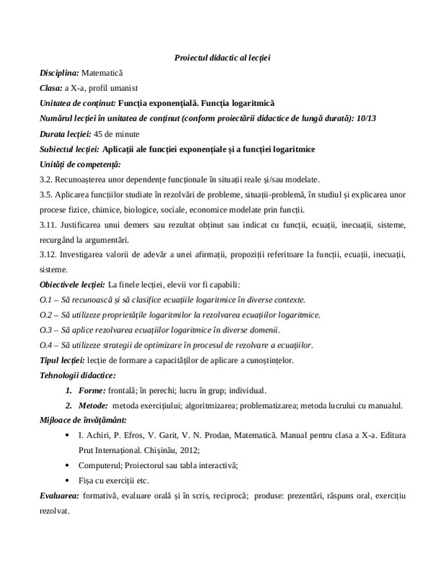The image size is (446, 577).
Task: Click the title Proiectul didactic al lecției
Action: [x=222, y=57]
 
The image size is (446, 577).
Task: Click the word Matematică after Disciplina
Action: [x=103, y=73]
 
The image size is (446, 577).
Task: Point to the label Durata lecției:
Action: [x=66, y=134]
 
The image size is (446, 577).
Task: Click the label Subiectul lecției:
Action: [x=70, y=149]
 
